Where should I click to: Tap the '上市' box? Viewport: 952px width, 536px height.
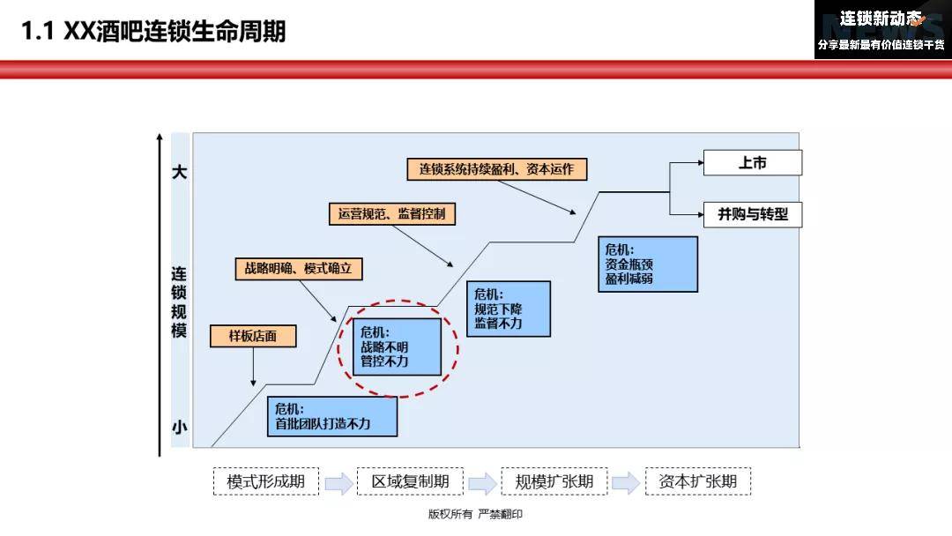(752, 163)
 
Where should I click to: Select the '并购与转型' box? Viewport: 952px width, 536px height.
(752, 214)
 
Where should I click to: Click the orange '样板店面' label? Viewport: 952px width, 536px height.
(253, 336)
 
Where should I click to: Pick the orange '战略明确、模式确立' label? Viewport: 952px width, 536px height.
(299, 268)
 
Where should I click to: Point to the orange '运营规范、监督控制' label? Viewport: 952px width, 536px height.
(392, 213)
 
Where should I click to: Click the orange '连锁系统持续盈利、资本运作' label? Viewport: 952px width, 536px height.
(496, 168)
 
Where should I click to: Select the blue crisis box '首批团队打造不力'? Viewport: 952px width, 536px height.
(332, 416)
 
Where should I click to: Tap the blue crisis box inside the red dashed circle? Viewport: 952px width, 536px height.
(397, 346)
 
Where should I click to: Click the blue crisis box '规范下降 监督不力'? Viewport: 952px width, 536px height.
(509, 309)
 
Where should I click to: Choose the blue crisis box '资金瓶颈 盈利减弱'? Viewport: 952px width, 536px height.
(648, 264)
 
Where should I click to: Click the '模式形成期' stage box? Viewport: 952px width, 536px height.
(266, 481)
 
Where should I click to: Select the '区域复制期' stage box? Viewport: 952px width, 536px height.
(410, 481)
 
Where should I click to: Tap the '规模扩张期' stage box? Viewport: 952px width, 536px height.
(554, 481)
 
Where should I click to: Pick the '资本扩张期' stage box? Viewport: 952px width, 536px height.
(698, 481)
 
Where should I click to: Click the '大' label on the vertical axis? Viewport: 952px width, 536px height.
(179, 172)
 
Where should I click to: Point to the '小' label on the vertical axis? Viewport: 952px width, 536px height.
(179, 428)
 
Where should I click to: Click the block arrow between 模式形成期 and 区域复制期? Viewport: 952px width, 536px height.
(338, 483)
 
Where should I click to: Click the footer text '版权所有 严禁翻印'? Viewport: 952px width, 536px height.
(475, 514)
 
